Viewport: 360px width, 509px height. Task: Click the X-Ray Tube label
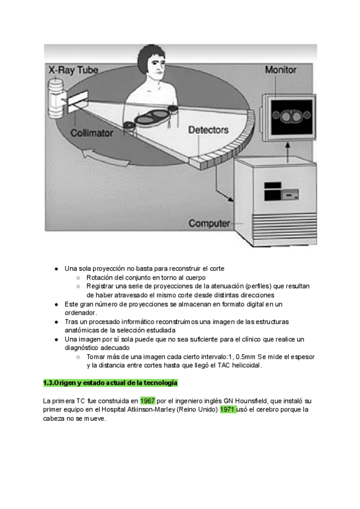pyautogui.click(x=73, y=70)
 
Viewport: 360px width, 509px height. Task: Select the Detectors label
pyautogui.click(x=208, y=130)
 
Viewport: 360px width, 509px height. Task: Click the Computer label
pyautogui.click(x=209, y=224)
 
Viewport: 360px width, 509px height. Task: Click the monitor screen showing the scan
pyautogui.click(x=286, y=115)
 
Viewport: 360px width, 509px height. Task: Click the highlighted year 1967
pyautogui.click(x=148, y=400)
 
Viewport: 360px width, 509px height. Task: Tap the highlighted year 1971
pyautogui.click(x=227, y=409)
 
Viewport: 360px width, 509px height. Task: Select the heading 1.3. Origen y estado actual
pyautogui.click(x=110, y=383)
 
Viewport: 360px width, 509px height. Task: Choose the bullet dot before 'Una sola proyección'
pyautogui.click(x=56, y=268)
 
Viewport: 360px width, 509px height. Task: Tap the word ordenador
pyautogui.click(x=80, y=313)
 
